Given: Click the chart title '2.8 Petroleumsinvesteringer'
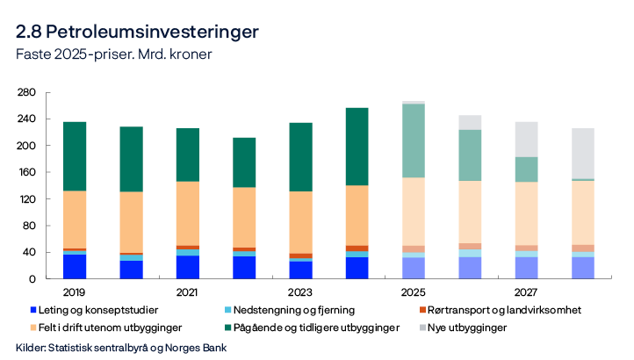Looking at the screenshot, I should (x=137, y=32).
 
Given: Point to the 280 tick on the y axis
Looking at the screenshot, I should (x=25, y=92).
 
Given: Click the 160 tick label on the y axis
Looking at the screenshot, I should (x=25, y=172).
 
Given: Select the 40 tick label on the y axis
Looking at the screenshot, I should (x=29, y=253).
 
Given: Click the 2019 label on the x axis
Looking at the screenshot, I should (x=74, y=290).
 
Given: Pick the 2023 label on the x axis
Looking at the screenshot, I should (x=300, y=290).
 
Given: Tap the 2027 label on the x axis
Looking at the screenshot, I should (x=526, y=290).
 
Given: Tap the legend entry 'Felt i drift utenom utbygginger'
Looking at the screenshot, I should (x=120, y=328).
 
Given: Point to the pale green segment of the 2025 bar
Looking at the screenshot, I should (x=413, y=140).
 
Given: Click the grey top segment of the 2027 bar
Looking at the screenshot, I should (x=526, y=139).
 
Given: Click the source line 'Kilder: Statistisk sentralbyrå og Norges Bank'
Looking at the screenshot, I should (x=122, y=348).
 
